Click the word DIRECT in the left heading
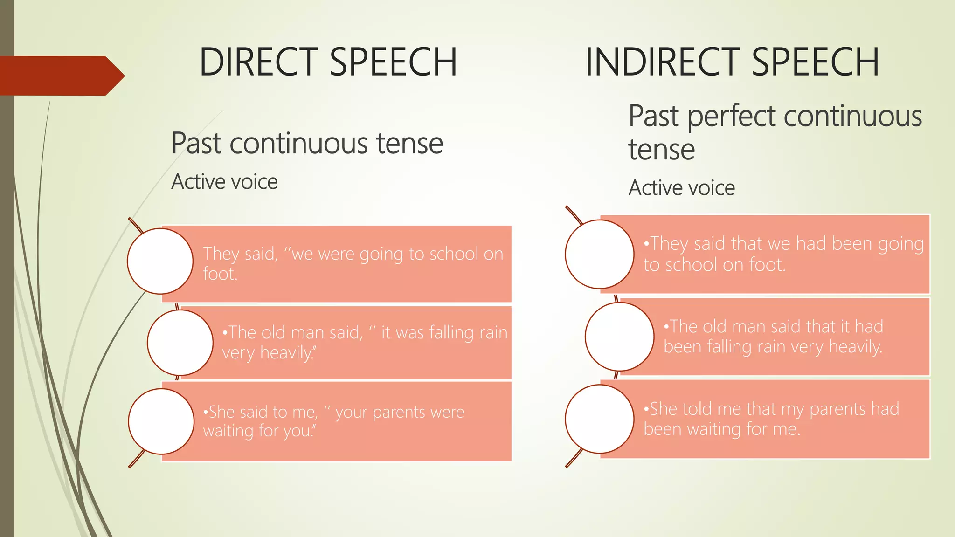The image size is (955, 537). (x=259, y=62)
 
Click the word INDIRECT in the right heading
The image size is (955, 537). (x=663, y=62)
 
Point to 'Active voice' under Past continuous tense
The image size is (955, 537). (x=224, y=182)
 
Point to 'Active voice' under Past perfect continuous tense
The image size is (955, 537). (x=681, y=188)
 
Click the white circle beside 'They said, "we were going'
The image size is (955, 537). (x=160, y=261)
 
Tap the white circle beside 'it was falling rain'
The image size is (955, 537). (x=180, y=343)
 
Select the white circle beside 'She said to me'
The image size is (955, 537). (x=161, y=421)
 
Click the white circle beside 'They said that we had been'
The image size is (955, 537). (x=599, y=254)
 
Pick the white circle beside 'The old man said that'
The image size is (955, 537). (x=619, y=337)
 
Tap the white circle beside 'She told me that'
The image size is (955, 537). (x=599, y=419)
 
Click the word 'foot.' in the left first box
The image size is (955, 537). (x=220, y=274)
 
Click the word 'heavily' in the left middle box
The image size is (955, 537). (x=286, y=353)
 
